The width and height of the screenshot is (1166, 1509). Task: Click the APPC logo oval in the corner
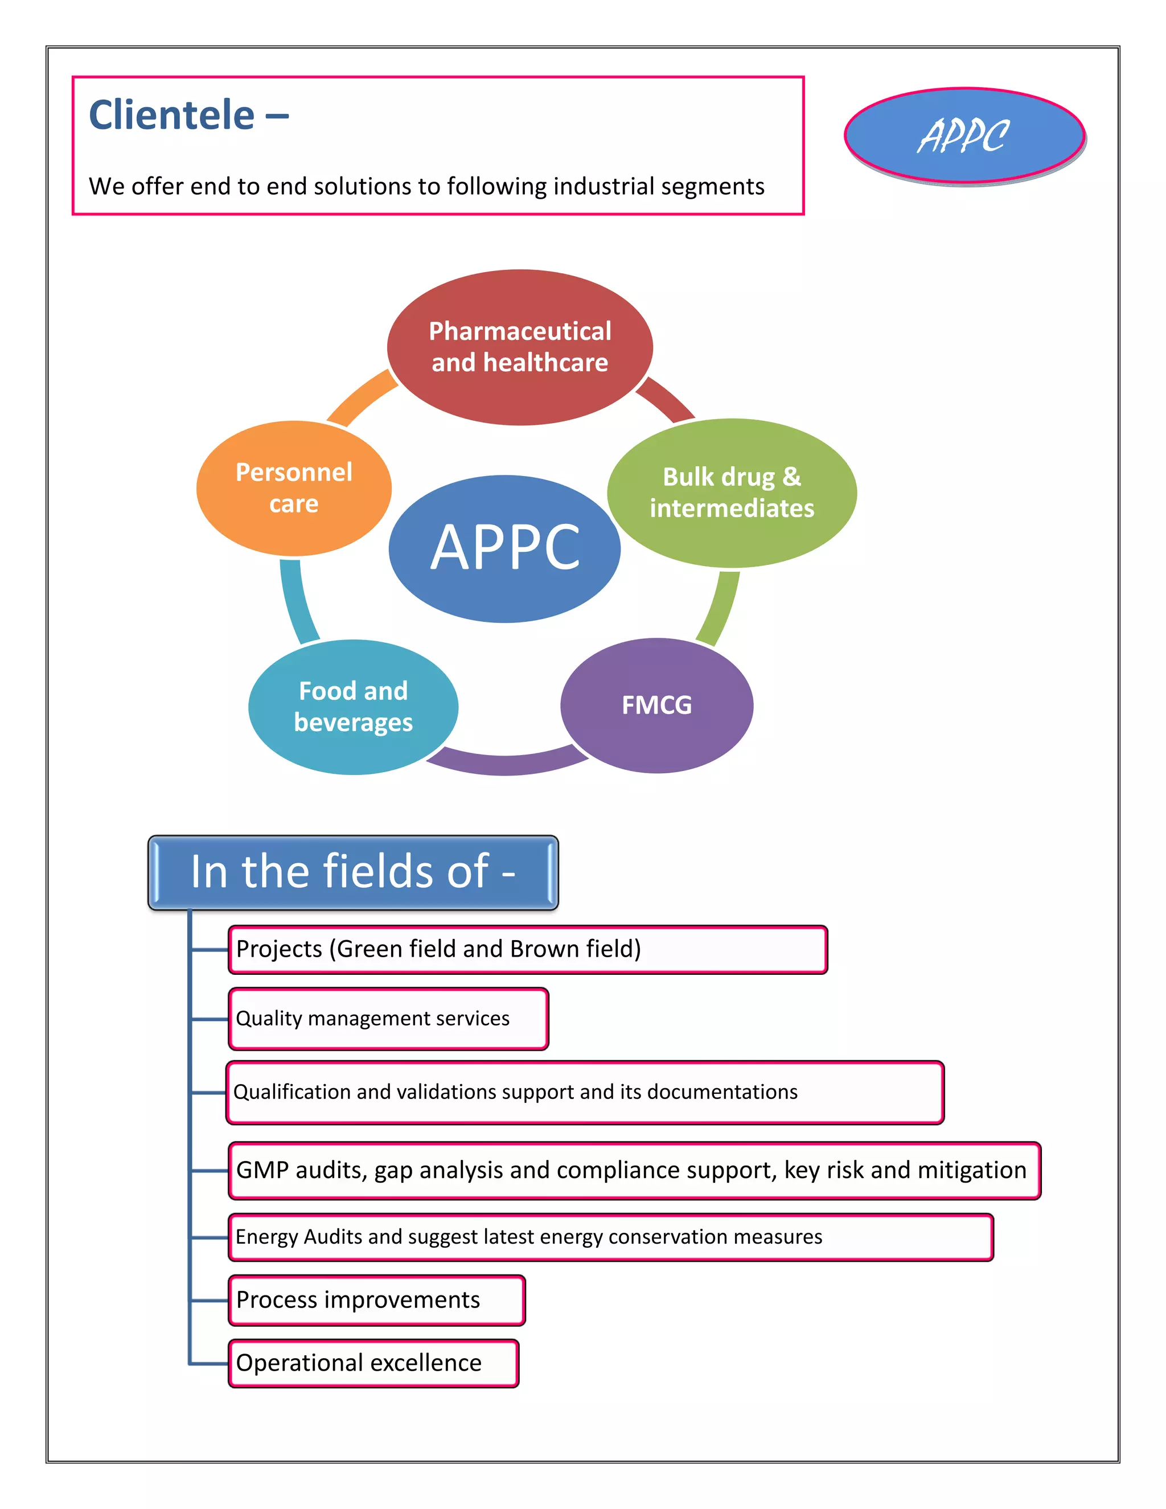964,136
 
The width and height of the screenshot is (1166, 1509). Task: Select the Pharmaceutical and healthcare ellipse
519,347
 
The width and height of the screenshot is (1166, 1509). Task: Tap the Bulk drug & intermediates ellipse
732,493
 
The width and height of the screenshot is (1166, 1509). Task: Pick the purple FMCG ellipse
656,705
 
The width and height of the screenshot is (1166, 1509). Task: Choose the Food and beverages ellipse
353,706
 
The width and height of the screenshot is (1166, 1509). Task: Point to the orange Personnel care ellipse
294,488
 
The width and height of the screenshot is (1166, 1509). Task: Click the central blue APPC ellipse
504,548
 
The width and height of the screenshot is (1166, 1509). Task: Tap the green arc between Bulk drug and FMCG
720,608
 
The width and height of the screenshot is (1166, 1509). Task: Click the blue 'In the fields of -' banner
353,872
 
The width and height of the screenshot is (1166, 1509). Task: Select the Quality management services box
388,1019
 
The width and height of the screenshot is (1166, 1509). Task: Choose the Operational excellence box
373,1363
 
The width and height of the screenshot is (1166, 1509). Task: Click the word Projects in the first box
279,949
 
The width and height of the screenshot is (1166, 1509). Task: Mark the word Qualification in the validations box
292,1092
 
